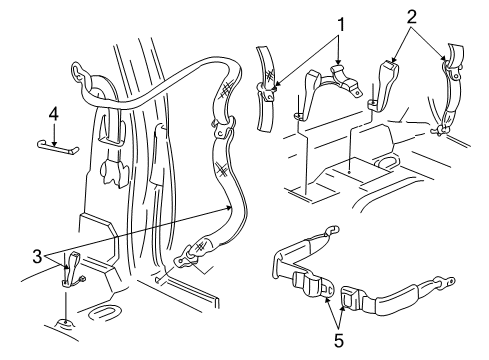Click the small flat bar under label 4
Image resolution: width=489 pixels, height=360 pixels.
pos(60,148)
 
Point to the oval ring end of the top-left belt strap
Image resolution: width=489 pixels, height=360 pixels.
pos(80,73)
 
